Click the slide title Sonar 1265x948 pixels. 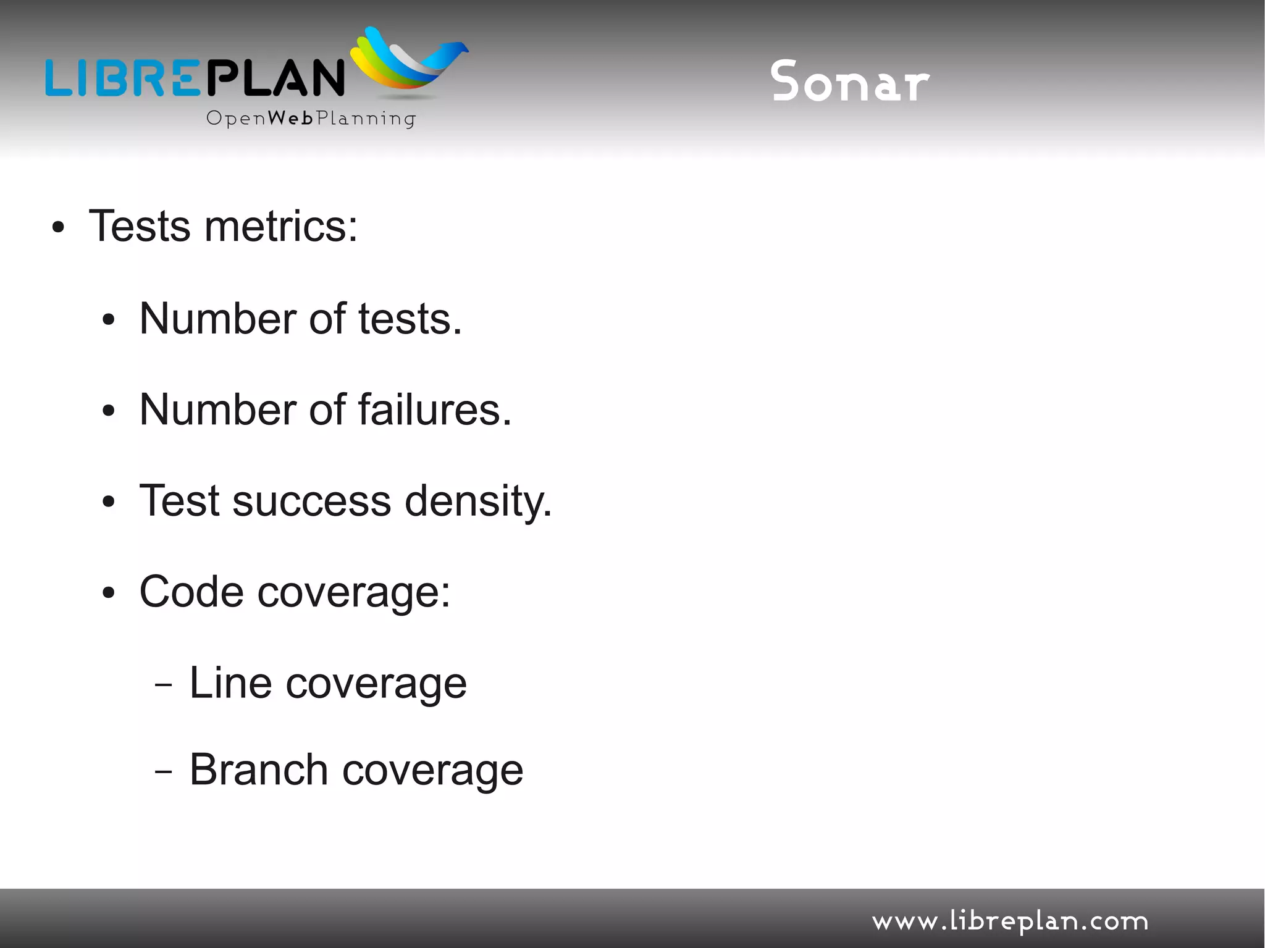click(x=850, y=82)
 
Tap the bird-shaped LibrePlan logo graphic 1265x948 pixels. click(x=408, y=62)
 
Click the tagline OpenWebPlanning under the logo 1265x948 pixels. click(x=311, y=118)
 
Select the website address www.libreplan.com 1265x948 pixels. click(x=1010, y=921)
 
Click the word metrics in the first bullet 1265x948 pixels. click(x=281, y=227)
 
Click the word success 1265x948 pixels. click(x=311, y=501)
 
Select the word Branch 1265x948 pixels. click(x=258, y=770)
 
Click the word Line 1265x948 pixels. click(x=230, y=683)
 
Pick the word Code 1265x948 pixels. click(x=191, y=592)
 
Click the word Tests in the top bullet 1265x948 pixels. click(x=140, y=227)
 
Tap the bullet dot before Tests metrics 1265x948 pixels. click(x=58, y=228)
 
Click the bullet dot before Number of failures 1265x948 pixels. click(x=109, y=411)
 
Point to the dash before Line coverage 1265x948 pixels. click(x=163, y=685)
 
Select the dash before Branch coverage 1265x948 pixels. click(x=163, y=772)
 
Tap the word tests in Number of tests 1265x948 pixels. click(x=410, y=319)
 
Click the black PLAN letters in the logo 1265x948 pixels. click(x=275, y=78)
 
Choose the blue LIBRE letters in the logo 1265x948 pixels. click(x=124, y=78)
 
